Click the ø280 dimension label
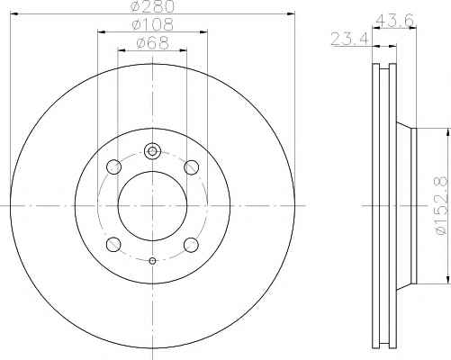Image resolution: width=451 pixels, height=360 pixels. coord(153,6)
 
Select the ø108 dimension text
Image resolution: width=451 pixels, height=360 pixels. coord(153,24)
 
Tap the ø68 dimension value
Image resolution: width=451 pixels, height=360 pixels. coord(153,43)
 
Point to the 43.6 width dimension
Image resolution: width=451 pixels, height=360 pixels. coord(395,21)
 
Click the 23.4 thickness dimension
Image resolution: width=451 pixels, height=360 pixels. coord(349,39)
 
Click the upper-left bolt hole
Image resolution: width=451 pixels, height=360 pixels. coord(114,166)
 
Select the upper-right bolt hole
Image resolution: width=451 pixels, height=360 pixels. coord(191,166)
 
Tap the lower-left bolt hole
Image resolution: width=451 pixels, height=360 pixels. coord(113,244)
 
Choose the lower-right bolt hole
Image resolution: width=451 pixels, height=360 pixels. coord(191,245)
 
